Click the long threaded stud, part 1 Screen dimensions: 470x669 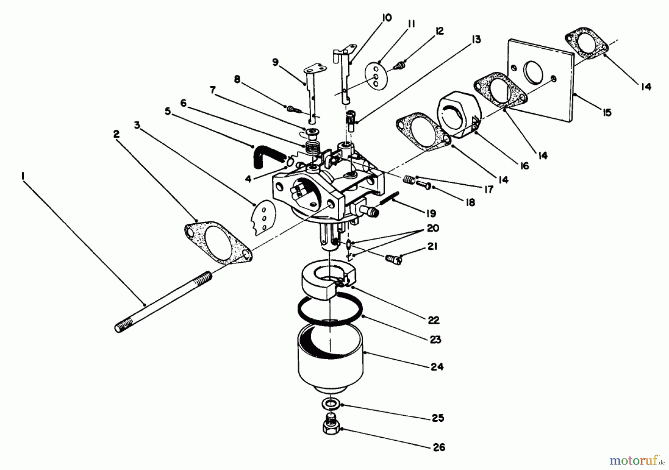pos(164,302)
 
